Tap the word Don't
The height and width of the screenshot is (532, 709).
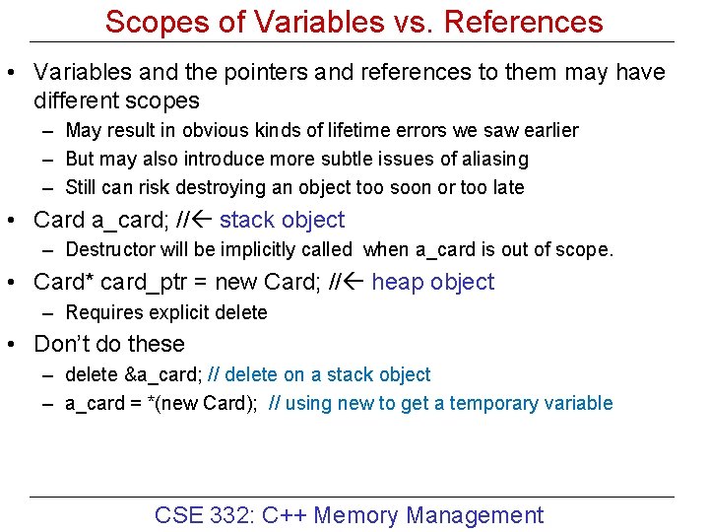[x=63, y=344]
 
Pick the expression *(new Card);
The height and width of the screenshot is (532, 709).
[x=207, y=403]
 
